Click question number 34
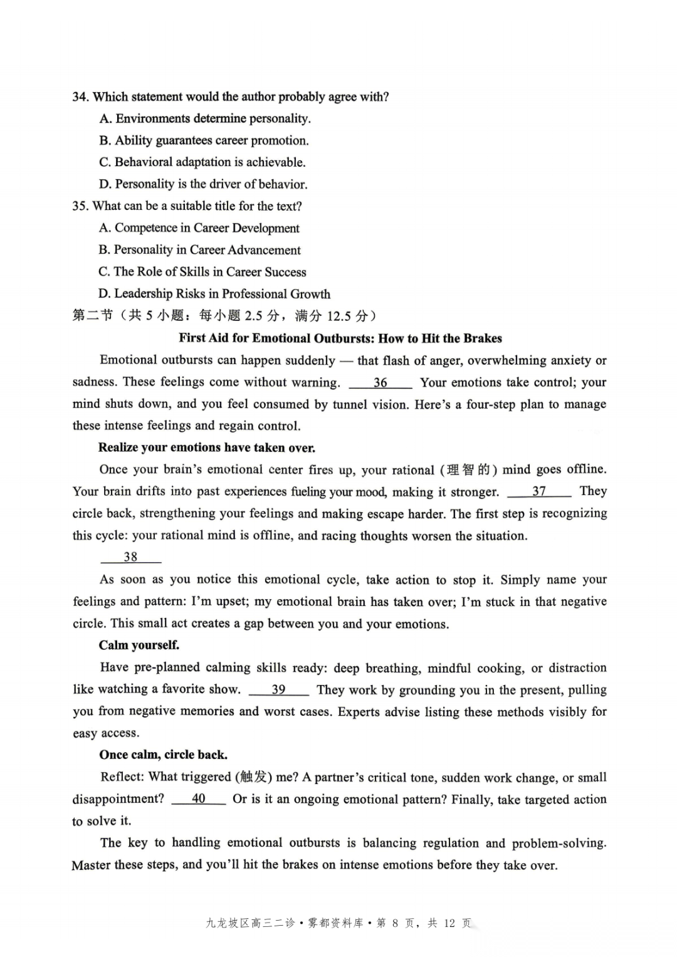coord(80,97)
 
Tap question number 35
coord(80,206)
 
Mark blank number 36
coord(380,382)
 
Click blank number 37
coord(538,491)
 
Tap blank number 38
coord(130,557)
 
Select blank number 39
coord(278,689)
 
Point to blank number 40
coord(198,798)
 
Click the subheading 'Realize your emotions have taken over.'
coord(206,447)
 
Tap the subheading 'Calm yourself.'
coord(139,645)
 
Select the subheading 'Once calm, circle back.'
coord(163,755)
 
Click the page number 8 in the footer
coord(395,923)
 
